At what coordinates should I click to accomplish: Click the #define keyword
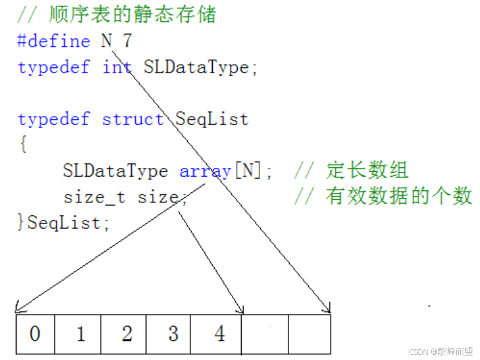54,41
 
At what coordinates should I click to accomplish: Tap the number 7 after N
127,41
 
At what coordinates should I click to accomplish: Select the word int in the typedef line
117,67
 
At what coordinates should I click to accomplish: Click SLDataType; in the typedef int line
201,67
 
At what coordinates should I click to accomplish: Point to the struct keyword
133,120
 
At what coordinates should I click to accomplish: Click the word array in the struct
205,171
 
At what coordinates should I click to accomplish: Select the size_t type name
94,197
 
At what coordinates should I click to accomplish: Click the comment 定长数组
367,170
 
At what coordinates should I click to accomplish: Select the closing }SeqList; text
63,223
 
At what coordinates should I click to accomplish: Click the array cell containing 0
35,334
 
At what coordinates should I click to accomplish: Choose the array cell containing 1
80,334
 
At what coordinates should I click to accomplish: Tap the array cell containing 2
127,334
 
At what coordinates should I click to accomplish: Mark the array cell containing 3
173,334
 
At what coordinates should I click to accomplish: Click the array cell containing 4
219,334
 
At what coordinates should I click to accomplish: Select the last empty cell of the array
309,334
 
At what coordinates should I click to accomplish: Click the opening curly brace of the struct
23,145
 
